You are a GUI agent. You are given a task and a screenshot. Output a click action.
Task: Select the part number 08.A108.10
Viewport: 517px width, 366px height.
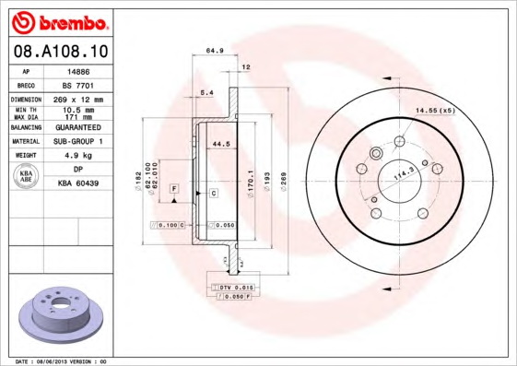coord(62,51)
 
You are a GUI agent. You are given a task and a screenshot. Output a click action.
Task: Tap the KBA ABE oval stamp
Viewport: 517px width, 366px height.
coord(28,177)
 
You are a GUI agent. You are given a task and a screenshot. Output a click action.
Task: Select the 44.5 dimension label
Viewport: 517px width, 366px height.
coord(220,144)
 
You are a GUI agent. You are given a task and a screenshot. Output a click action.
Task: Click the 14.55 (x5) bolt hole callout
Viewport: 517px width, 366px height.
coord(434,111)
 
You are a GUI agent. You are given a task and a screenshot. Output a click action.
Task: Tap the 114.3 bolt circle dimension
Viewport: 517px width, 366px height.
coord(403,172)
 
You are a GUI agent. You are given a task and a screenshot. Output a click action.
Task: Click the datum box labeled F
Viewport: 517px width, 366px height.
coord(172,189)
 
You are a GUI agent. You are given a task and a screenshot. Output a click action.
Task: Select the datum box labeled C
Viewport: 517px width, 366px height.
coord(213,194)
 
